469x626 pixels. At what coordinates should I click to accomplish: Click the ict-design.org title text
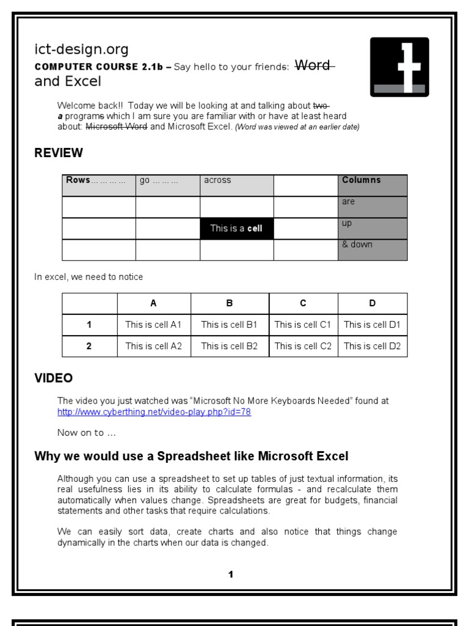click(x=81, y=50)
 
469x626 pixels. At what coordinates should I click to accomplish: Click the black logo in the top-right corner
click(x=399, y=67)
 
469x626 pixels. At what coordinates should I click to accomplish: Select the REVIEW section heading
click(x=59, y=153)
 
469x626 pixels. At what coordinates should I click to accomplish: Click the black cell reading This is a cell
click(x=236, y=229)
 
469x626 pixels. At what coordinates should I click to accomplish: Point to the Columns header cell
click(x=373, y=185)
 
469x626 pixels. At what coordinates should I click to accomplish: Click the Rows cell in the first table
click(x=99, y=185)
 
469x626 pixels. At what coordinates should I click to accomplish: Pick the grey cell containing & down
click(x=373, y=249)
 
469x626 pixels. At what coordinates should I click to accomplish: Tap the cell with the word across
click(x=236, y=185)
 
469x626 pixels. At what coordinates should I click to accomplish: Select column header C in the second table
click(x=303, y=303)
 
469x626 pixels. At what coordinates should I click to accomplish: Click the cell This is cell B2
click(x=230, y=346)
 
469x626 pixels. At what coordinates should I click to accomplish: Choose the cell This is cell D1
click(x=372, y=325)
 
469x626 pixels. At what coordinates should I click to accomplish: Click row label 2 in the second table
click(x=89, y=346)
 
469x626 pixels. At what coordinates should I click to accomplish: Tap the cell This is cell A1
click(x=153, y=325)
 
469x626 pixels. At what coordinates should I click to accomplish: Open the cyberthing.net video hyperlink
click(x=154, y=412)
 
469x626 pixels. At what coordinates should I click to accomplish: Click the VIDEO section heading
click(x=54, y=378)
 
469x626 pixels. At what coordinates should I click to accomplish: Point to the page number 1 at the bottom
click(x=230, y=574)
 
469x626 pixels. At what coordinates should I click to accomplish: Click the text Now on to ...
click(x=86, y=433)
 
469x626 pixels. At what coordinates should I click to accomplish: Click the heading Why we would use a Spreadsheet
click(x=191, y=456)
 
